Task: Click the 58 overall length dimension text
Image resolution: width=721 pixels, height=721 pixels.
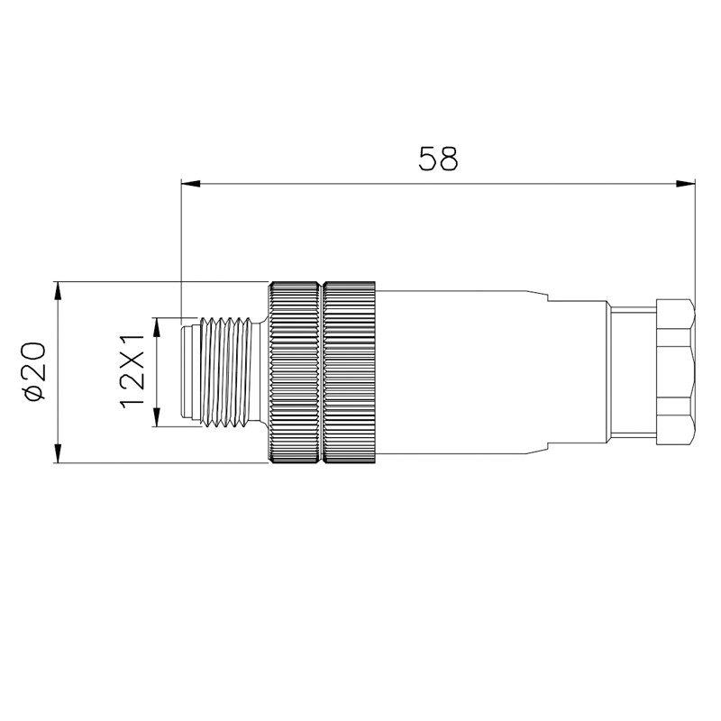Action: pyautogui.click(x=438, y=159)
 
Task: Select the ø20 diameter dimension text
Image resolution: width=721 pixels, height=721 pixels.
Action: pyautogui.click(x=33, y=371)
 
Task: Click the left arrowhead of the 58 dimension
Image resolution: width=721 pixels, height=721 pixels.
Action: pyautogui.click(x=191, y=184)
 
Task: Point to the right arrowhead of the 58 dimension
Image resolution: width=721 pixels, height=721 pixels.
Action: pyautogui.click(x=685, y=184)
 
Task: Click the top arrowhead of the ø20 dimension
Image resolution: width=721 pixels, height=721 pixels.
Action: pyautogui.click(x=58, y=292)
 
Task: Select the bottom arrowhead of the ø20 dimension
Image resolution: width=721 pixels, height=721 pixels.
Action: pyautogui.click(x=58, y=452)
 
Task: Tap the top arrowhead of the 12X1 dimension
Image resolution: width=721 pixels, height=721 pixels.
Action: pyautogui.click(x=157, y=327)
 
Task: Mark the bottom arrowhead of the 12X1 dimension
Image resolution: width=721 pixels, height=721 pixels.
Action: pyautogui.click(x=157, y=417)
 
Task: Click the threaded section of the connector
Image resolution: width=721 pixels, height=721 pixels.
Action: pyautogui.click(x=225, y=372)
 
